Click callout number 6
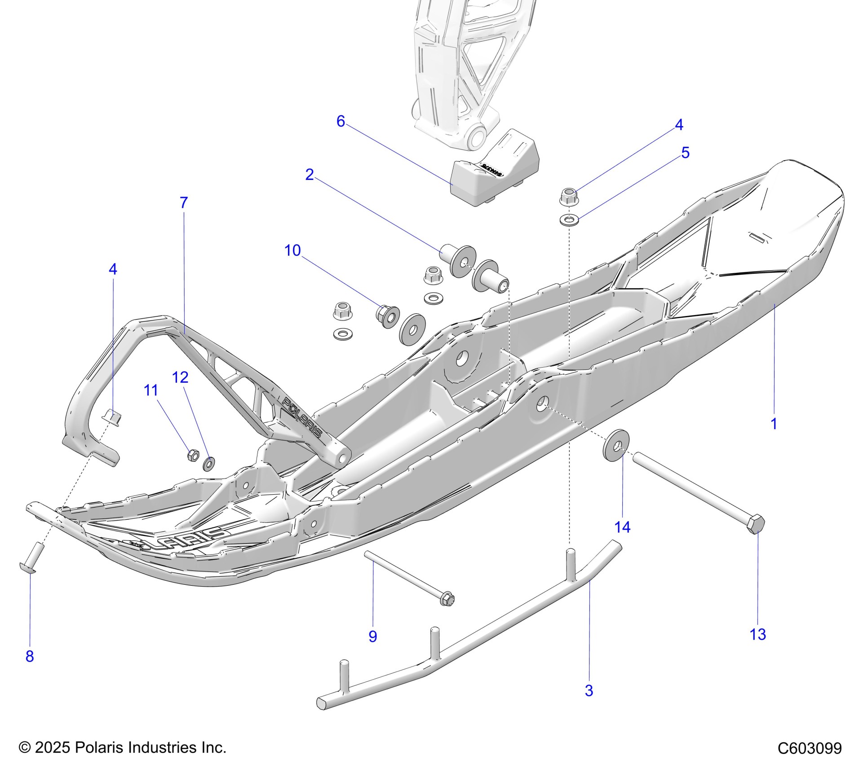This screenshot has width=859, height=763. tap(341, 121)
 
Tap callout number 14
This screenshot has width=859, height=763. tap(622, 527)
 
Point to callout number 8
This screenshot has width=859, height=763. tap(30, 656)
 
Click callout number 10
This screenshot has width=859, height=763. tap(292, 250)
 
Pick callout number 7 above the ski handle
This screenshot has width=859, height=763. tap(183, 203)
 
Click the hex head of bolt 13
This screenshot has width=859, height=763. tap(756, 523)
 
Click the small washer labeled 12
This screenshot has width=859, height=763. tap(209, 463)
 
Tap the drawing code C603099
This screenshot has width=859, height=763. tap(810, 748)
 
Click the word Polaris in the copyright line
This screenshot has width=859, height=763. tap(99, 747)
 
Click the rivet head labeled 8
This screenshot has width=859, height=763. tap(28, 567)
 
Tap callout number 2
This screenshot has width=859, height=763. tap(309, 175)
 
